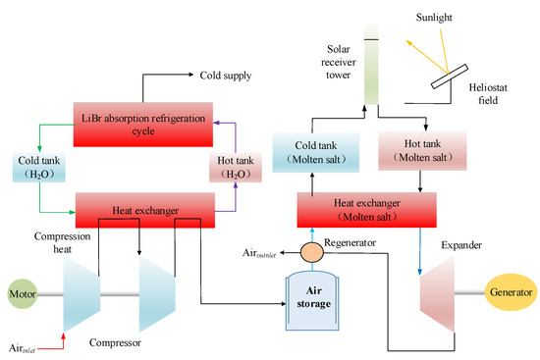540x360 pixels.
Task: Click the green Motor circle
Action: [x=23, y=293]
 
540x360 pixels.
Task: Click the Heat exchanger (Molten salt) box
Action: [x=366, y=208]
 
